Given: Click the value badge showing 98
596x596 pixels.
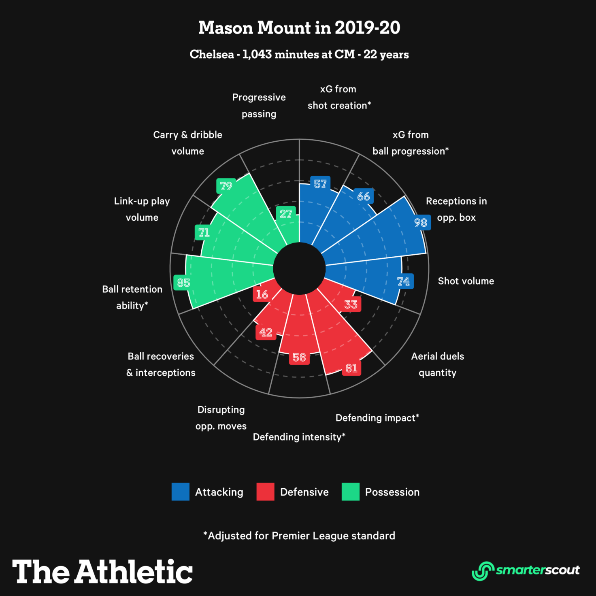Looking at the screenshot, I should click(x=421, y=223).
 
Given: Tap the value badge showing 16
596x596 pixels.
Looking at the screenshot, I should click(x=262, y=294).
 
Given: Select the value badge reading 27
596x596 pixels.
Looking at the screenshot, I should click(x=286, y=214).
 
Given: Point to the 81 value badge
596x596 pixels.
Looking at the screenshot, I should click(x=351, y=368).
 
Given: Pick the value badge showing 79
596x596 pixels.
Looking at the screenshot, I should click(x=226, y=186).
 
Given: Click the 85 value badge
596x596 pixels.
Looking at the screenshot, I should click(x=183, y=283).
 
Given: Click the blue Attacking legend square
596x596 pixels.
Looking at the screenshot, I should click(x=181, y=492).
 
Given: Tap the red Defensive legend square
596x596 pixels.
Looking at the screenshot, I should click(x=265, y=492).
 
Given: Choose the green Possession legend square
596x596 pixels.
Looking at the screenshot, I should click(x=350, y=492).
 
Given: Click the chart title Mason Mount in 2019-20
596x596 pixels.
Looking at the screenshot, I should click(x=299, y=28).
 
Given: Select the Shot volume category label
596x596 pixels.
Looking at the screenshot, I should click(x=466, y=281).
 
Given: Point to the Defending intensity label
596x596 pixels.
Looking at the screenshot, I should click(x=299, y=437).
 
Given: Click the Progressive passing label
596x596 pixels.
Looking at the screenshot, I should click(x=259, y=106).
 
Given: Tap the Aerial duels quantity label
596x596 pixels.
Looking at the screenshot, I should click(x=437, y=364).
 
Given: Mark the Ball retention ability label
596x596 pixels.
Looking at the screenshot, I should click(x=132, y=297).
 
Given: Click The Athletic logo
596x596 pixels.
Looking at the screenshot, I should click(x=102, y=571).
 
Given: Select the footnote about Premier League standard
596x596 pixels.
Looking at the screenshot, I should click(x=299, y=536).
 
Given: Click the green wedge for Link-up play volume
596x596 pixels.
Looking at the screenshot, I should click(x=239, y=243).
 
